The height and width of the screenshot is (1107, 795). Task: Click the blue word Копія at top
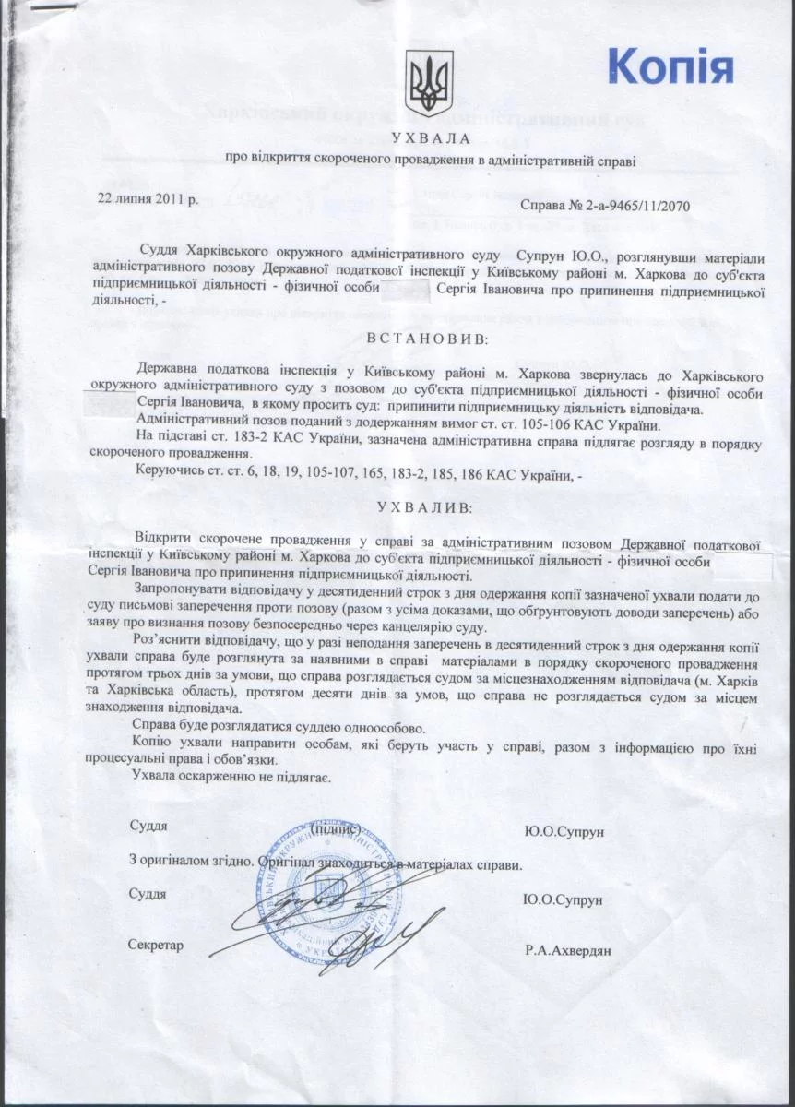click(670, 66)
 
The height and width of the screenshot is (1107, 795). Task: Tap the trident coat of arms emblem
click(430, 83)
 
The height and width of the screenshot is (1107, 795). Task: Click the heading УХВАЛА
click(430, 139)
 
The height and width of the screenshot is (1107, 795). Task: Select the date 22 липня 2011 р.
click(149, 199)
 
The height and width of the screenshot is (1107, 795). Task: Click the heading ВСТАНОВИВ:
click(431, 339)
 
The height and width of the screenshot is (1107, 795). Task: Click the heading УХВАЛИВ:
click(431, 508)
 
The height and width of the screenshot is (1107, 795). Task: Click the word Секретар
click(157, 945)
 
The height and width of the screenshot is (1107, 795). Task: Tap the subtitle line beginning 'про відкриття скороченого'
click(431, 160)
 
